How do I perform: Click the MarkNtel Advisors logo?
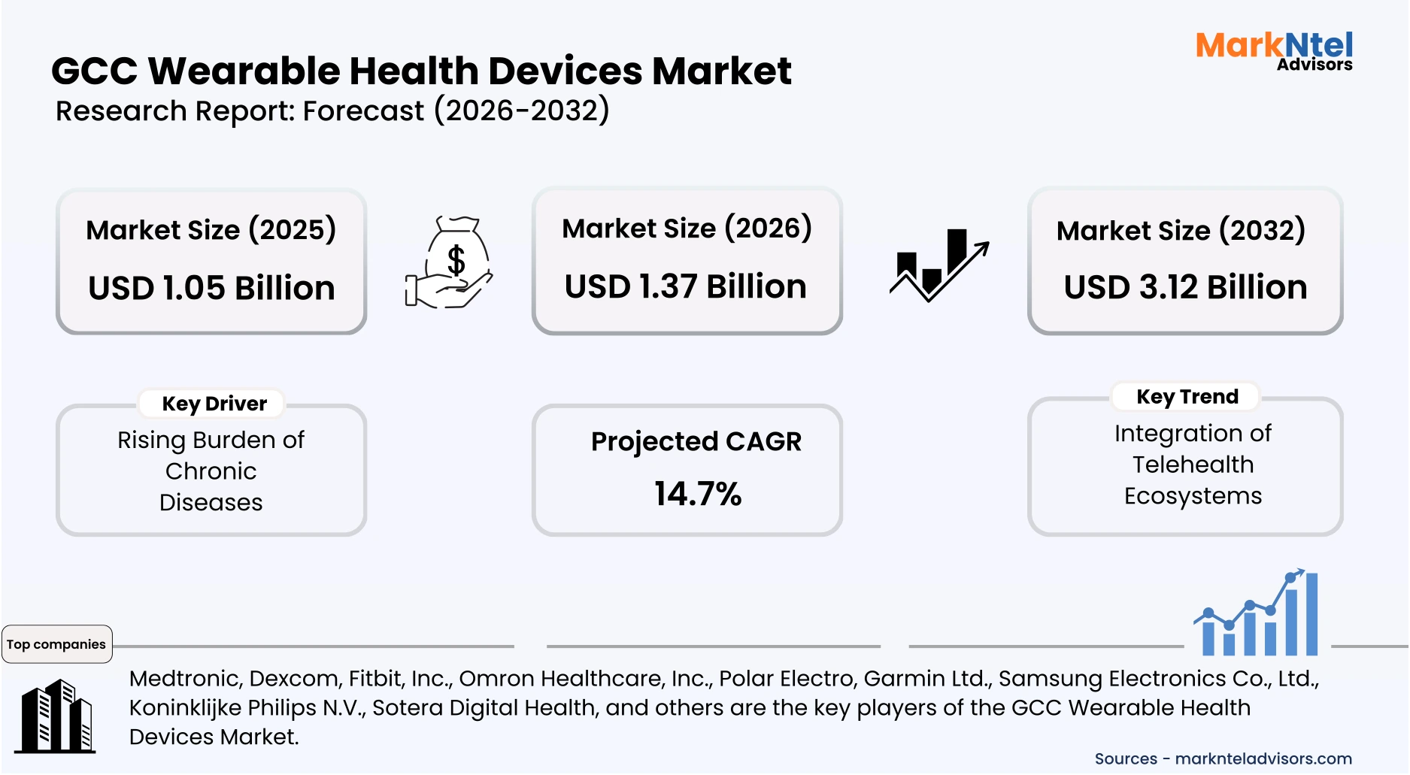[x=1274, y=51]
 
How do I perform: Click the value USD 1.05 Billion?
[x=211, y=289]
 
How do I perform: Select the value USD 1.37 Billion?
[x=685, y=287]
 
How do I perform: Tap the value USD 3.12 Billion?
[x=1185, y=288]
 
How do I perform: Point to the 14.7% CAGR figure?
[x=697, y=494]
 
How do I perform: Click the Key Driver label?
[x=214, y=404]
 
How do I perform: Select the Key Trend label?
[x=1187, y=397]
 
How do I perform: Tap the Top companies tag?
[x=56, y=644]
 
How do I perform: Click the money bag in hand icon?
[x=449, y=262]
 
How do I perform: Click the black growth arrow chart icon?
[x=938, y=265]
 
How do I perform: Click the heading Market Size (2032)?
[x=1181, y=230]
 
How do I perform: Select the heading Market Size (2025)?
[x=211, y=230]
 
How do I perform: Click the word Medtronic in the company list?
[x=184, y=679]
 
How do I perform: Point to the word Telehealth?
[x=1193, y=465]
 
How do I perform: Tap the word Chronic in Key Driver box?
[x=211, y=471]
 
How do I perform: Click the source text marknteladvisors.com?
[x=1263, y=758]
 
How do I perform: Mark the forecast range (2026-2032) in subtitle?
[x=521, y=110]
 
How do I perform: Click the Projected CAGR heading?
[x=696, y=441]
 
